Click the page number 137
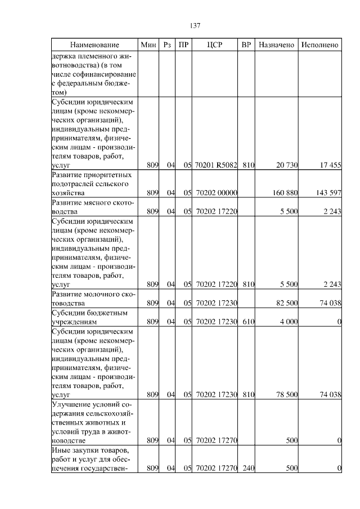pos(195,26)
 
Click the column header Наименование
pos(94,44)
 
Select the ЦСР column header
pos(216,44)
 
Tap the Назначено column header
pos(276,44)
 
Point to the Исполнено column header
pos(319,44)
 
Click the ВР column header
pos(246,44)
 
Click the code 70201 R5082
pos(217,165)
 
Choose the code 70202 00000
pos(217,193)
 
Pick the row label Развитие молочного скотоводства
pos(92,299)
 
